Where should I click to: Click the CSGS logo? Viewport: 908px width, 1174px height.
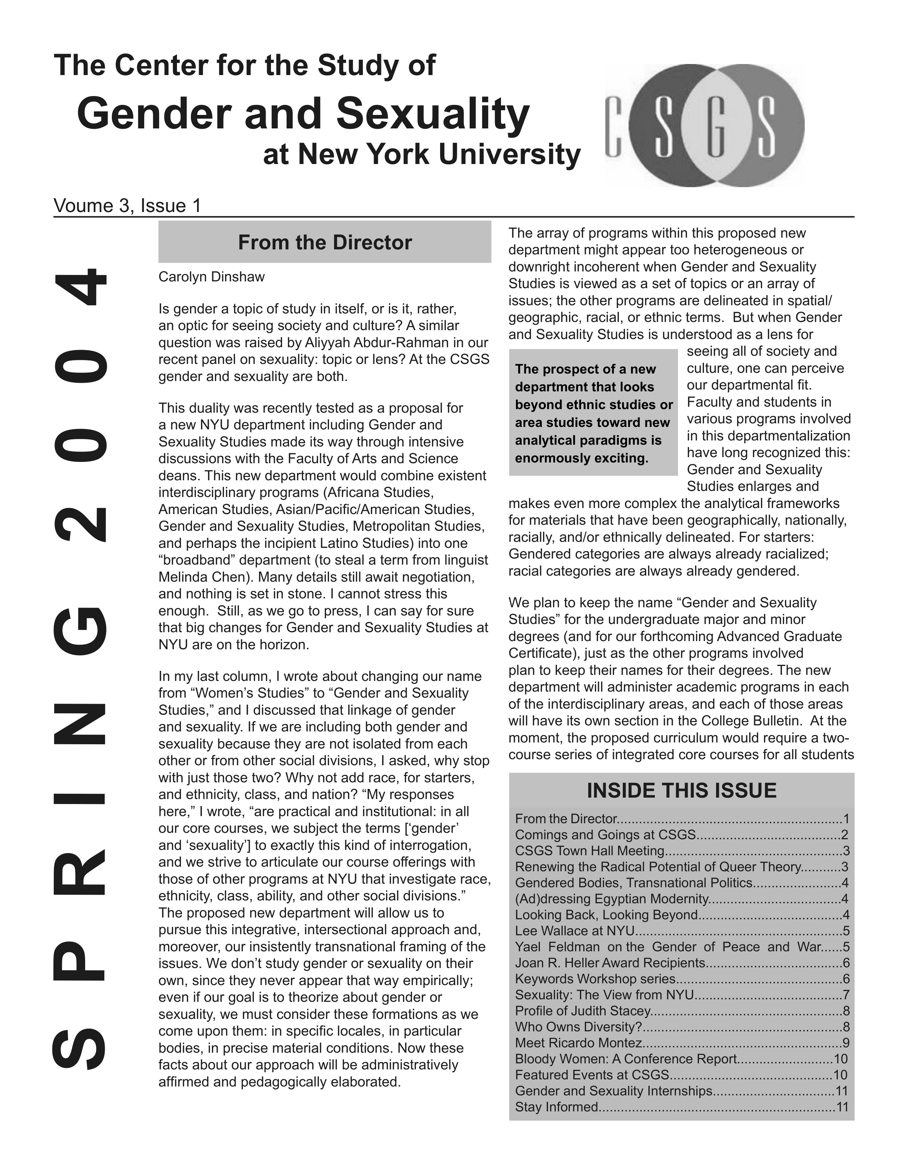[x=705, y=126]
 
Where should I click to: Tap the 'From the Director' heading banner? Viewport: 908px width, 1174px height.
[x=324, y=242]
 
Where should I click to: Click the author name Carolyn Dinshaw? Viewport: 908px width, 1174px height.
[x=212, y=277]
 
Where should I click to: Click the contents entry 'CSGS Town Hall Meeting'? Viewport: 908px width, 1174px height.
[x=590, y=851]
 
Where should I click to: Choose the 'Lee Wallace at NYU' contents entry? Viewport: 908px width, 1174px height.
[x=574, y=931]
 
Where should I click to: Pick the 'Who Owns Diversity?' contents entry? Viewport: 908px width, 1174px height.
[x=578, y=1027]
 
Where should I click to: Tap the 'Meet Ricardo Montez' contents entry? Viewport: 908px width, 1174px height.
[x=578, y=1043]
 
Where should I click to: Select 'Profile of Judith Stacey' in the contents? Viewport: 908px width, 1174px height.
[x=583, y=1011]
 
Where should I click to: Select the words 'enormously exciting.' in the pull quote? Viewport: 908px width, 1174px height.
[x=581, y=459]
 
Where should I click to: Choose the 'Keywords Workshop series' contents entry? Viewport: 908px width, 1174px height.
[x=595, y=979]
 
